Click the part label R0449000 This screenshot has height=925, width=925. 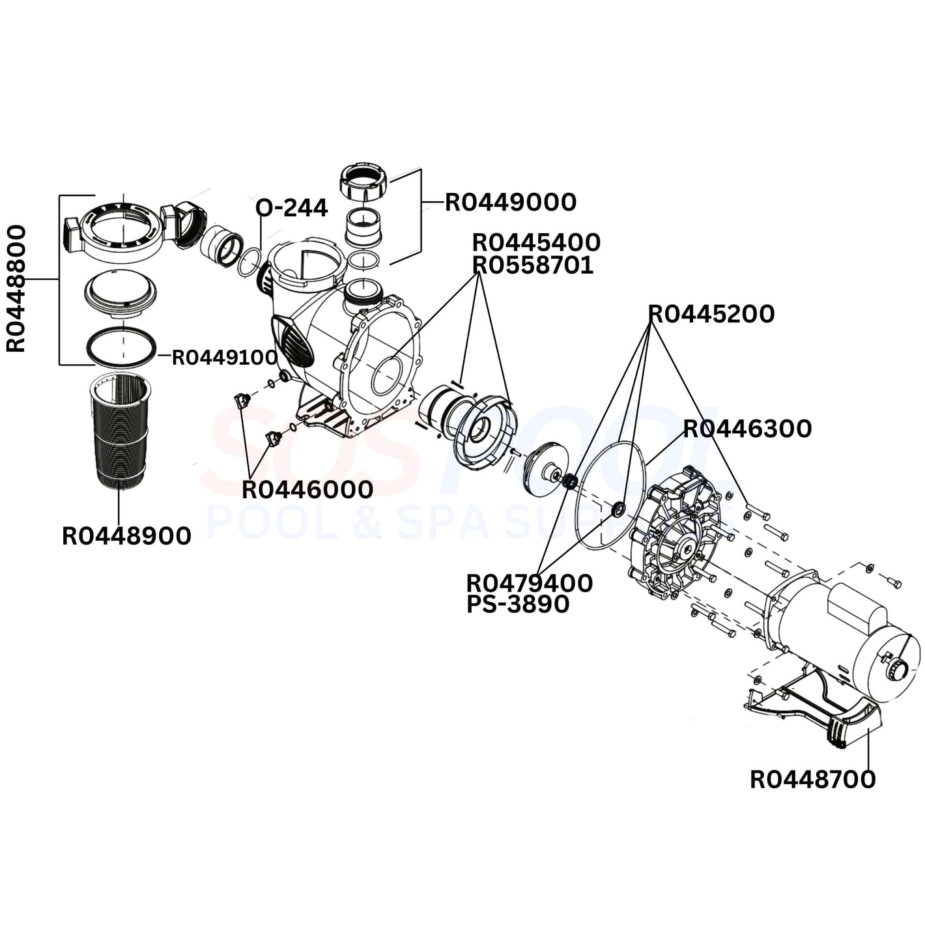point(511,203)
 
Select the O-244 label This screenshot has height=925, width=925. point(291,208)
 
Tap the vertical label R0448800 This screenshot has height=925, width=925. point(16,288)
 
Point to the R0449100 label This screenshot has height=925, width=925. point(225,358)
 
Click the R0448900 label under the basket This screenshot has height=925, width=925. point(126,536)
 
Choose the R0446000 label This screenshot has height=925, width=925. point(307,490)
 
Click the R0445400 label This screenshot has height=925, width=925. point(536,242)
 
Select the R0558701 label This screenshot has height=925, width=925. point(533,265)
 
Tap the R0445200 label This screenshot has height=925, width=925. point(711,314)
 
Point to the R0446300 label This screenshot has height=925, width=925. point(747,429)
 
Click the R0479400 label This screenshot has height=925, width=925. point(530,583)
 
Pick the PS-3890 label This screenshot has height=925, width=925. point(518,605)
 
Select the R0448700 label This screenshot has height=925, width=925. point(812,779)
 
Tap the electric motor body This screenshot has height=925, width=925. point(834,625)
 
